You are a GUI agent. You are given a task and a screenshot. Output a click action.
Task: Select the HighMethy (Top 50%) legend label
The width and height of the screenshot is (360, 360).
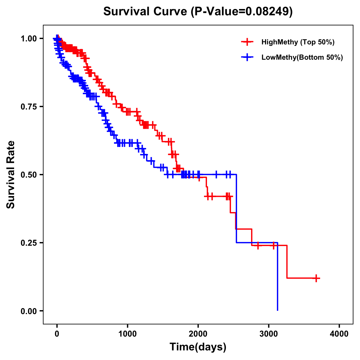(298, 42)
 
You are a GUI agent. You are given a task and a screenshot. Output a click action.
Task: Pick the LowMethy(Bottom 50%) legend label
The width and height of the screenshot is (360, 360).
(302, 57)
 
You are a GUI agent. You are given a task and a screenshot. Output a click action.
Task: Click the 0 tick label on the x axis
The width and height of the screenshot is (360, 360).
(57, 334)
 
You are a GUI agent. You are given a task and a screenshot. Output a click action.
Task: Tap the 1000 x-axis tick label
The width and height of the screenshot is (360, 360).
(127, 334)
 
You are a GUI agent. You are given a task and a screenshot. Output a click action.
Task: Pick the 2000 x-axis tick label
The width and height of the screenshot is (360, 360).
(198, 334)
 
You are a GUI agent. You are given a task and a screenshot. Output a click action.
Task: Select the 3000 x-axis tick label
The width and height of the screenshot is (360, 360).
(269, 334)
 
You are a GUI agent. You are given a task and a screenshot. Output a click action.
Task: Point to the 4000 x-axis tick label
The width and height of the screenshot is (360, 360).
(339, 334)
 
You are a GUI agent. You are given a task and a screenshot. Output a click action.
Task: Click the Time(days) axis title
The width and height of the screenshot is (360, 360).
(198, 347)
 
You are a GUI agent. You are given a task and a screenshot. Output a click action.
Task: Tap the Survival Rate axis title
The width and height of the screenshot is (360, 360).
(11, 174)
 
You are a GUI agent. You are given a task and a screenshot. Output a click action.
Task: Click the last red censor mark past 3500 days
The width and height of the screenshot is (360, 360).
(316, 278)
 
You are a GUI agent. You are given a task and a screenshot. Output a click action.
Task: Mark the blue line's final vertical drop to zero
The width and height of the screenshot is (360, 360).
(277, 276)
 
